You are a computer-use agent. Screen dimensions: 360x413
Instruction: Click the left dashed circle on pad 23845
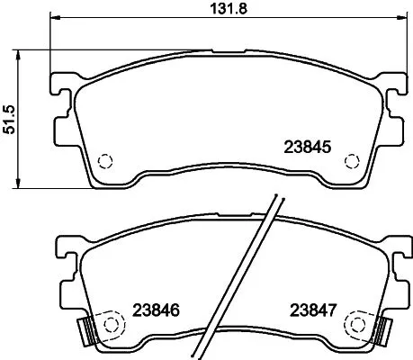coord(104,161)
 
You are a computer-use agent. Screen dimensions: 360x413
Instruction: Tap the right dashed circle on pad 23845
coord(352,161)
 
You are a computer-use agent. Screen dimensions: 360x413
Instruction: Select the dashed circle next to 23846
coord(113,322)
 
